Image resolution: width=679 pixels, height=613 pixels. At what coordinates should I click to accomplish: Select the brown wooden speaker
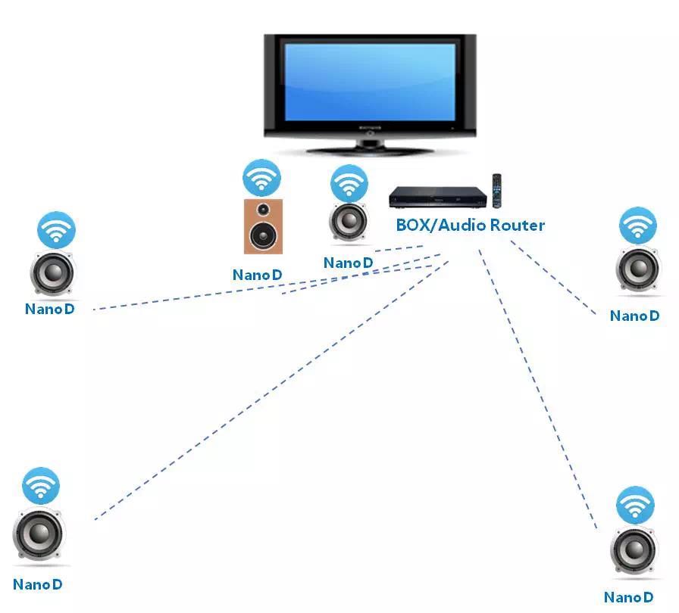pos(263,226)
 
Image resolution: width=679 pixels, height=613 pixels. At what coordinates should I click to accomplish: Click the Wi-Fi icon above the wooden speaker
pos(261,179)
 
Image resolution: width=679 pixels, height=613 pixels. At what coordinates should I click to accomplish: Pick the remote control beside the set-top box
pos(498,191)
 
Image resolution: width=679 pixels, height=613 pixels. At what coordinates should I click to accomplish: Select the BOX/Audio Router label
pos(470,225)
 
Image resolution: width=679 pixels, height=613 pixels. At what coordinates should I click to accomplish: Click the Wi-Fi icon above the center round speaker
pos(349,183)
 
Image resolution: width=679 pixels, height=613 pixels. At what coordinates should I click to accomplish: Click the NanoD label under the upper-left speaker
pos(50,309)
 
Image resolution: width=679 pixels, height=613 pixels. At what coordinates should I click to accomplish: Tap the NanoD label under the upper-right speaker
pos(635,316)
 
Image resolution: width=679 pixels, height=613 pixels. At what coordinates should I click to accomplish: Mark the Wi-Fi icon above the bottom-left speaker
pos(40,486)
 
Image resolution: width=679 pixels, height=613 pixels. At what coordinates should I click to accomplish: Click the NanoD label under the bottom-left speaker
pos(38,584)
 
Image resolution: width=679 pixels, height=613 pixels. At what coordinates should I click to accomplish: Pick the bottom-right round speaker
pos(634,551)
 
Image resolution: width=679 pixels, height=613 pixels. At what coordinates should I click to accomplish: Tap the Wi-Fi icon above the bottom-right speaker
pos(635,506)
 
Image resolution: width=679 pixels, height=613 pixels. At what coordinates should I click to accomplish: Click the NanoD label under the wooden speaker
pos(262,275)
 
